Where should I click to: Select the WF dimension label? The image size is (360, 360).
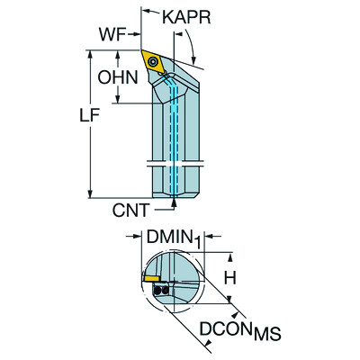coord(112,35)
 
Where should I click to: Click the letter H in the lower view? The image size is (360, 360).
coord(230,280)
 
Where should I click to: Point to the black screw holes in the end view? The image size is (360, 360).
coord(160,292)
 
